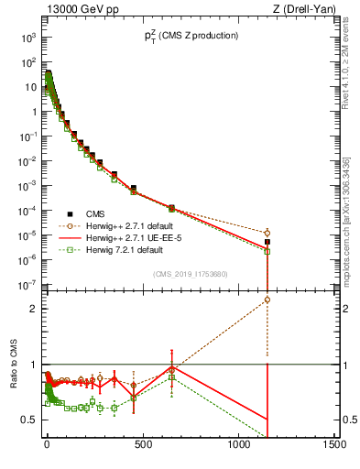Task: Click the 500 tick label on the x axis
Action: pyautogui.click(x=143, y=447)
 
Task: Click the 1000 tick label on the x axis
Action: pyautogui.click(x=238, y=447)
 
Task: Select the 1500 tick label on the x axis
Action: pyautogui.click(x=334, y=447)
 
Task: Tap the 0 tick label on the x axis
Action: pyautogui.click(x=47, y=447)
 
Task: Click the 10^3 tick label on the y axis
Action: pyautogui.click(x=27, y=38)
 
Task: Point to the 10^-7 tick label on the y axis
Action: pyautogui.click(x=27, y=285)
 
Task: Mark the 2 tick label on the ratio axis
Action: pyautogui.click(x=32, y=309)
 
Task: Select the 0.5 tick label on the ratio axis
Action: pyautogui.click(x=28, y=420)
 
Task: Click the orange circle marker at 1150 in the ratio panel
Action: pyautogui.click(x=267, y=300)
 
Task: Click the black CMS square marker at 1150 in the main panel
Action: pyautogui.click(x=267, y=242)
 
